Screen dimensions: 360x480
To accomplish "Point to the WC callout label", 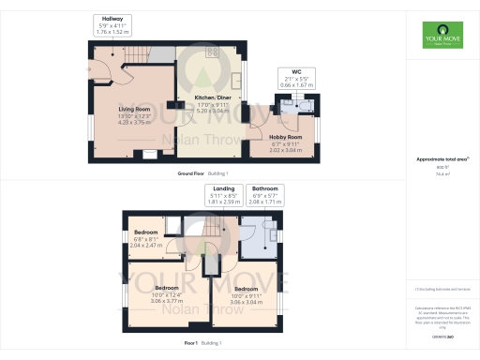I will [x=296, y=79].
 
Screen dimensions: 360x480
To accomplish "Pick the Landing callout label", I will [x=224, y=194].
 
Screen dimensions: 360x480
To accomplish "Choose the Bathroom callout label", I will [x=265, y=194].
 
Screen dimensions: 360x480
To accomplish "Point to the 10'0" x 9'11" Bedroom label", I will [x=246, y=294].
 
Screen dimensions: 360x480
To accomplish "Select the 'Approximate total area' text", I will [x=441, y=159].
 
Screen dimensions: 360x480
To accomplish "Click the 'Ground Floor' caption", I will [x=196, y=173].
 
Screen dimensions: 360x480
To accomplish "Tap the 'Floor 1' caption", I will [x=191, y=343].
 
